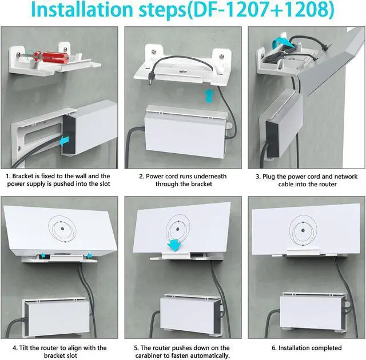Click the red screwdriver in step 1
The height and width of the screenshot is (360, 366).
click(43, 59)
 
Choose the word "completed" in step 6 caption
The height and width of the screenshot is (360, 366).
click(323, 347)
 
